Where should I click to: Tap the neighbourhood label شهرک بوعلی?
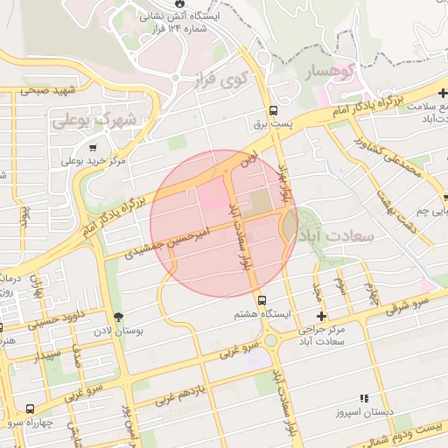click(94, 120)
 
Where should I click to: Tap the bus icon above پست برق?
click(274, 110)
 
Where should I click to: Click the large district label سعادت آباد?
click(338, 236)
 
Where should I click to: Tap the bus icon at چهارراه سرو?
click(31, 409)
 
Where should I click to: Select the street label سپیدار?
click(49, 356)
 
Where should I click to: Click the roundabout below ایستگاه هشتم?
click(272, 339)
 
